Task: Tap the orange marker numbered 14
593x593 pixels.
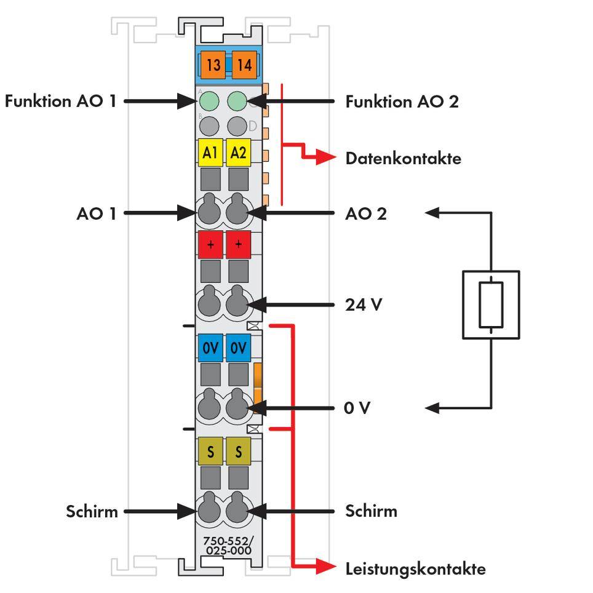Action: click(244, 65)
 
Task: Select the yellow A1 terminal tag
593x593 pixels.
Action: click(210, 153)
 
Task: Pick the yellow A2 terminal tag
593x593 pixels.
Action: click(238, 153)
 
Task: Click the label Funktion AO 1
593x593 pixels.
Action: click(60, 101)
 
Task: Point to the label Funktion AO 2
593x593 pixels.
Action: click(402, 101)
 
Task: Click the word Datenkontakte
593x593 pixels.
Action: click(403, 158)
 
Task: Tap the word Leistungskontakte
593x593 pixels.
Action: click(415, 568)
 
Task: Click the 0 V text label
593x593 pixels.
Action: click(357, 408)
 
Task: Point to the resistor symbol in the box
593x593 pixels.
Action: click(491, 304)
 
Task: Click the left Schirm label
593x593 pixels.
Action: click(92, 511)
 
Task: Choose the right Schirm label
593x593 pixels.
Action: click(371, 511)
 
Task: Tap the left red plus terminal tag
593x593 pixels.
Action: click(210, 245)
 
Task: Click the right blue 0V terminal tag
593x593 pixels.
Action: click(238, 348)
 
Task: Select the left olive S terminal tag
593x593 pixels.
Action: click(210, 452)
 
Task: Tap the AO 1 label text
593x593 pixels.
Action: click(96, 213)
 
